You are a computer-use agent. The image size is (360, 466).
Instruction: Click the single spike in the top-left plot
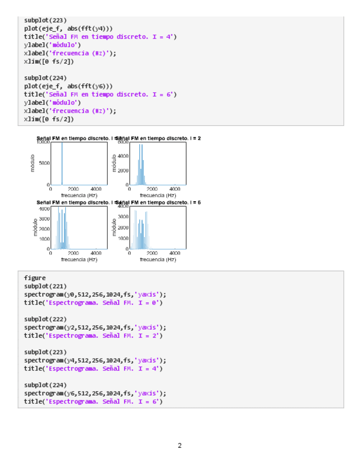coord(62,164)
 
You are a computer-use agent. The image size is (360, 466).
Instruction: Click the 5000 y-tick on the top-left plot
coord(43,163)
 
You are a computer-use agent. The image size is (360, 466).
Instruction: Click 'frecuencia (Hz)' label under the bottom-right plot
coord(158,259)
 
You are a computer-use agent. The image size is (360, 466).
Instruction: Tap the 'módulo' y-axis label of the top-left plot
coord(32,163)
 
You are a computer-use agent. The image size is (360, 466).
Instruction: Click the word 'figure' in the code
coord(35,278)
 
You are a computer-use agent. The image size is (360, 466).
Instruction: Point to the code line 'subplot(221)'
coord(46,286)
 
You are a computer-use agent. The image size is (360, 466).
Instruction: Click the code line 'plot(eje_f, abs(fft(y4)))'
coord(69,29)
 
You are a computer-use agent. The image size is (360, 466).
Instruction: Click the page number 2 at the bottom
coord(180,445)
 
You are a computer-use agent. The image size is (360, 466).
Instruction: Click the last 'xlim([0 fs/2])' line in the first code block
coord(49,119)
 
